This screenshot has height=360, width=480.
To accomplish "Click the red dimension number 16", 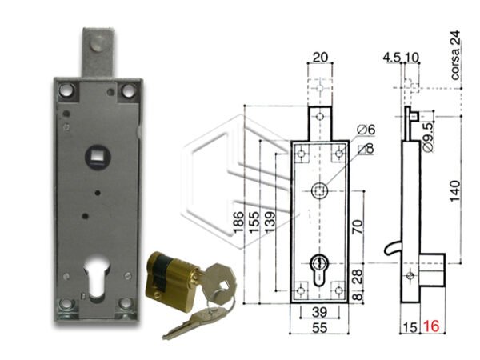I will click(432, 326).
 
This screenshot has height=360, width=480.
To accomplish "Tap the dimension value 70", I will click(358, 226).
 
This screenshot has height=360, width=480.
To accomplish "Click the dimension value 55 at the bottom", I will click(319, 328).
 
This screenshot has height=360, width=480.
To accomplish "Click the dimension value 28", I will click(358, 275).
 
